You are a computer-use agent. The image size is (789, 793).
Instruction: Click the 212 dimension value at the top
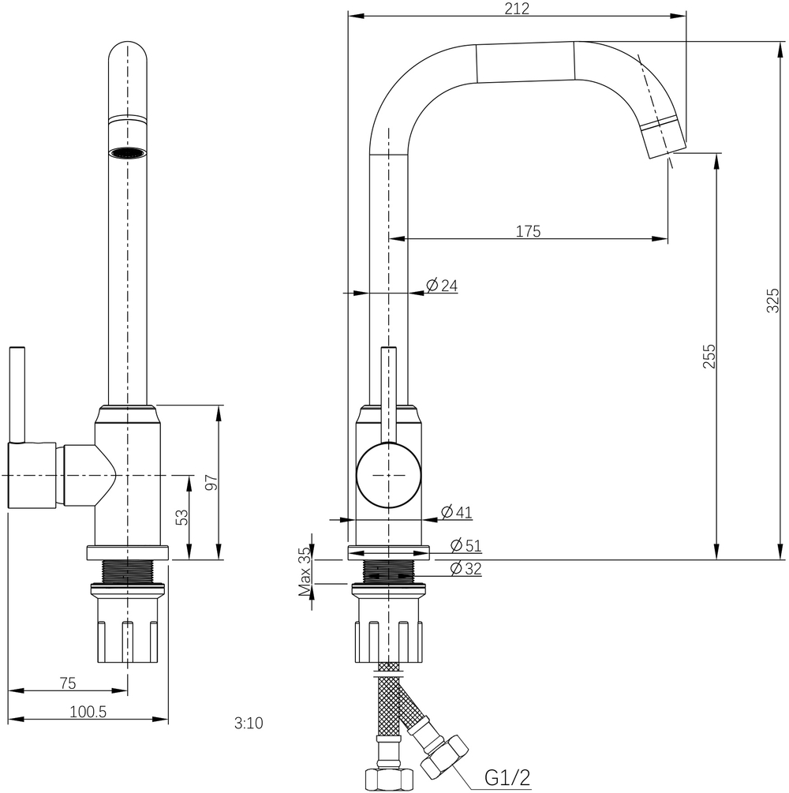click(517, 9)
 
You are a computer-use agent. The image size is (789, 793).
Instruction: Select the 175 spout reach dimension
click(528, 231)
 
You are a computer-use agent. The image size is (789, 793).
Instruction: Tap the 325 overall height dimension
click(773, 301)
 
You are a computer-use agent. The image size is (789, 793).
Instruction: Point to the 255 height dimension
click(709, 357)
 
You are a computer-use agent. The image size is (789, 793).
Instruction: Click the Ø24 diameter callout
click(442, 286)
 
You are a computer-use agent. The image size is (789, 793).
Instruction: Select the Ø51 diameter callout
click(465, 545)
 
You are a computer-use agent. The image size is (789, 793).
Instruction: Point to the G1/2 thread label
click(507, 779)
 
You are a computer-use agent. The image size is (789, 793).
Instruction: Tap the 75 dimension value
click(67, 683)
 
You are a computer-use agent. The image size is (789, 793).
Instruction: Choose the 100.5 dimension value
click(88, 712)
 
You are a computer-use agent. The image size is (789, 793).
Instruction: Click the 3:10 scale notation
click(249, 722)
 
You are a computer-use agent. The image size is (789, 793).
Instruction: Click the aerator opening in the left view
click(127, 151)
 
